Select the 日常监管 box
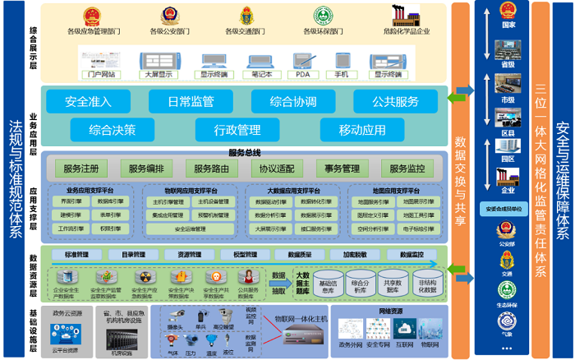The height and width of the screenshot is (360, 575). click(x=191, y=102)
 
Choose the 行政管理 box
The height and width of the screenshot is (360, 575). click(x=237, y=130)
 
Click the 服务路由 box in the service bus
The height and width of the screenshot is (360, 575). click(x=212, y=168)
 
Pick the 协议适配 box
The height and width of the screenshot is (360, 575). click(x=276, y=168)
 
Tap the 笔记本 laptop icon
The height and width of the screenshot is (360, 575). click(x=262, y=61)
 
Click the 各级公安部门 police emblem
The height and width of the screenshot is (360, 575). click(x=170, y=16)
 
